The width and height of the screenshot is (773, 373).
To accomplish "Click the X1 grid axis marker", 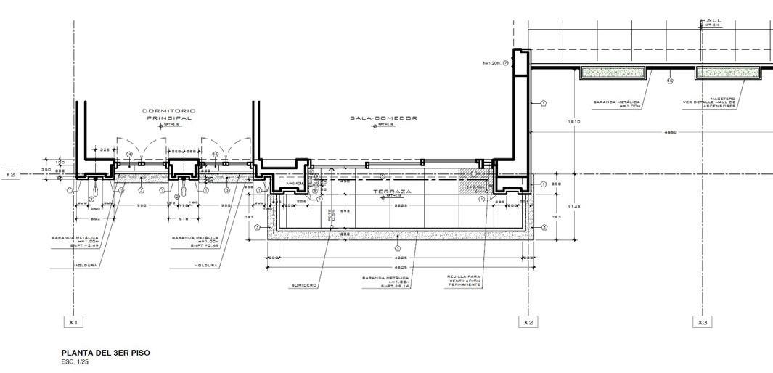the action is click(73, 321).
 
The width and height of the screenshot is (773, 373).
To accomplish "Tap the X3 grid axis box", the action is click(702, 321).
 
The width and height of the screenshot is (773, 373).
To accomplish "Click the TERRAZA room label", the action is click(392, 192).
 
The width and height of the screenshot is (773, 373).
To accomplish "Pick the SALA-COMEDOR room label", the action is click(383, 118).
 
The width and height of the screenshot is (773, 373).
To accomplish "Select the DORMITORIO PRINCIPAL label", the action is click(168, 114).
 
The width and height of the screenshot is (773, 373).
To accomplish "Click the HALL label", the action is click(711, 21).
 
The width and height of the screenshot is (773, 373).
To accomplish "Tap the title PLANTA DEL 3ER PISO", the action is click(106, 353).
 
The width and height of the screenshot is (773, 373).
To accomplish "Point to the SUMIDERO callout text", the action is click(303, 285).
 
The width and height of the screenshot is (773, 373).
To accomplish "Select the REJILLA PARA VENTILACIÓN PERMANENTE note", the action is click(464, 281).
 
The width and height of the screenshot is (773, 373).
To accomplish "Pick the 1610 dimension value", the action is click(573, 121).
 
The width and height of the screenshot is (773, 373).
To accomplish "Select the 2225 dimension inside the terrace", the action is click(399, 205).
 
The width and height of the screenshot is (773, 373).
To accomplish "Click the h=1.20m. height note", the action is click(495, 63).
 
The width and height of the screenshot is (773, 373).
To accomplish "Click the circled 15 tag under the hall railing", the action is click(669, 81).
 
